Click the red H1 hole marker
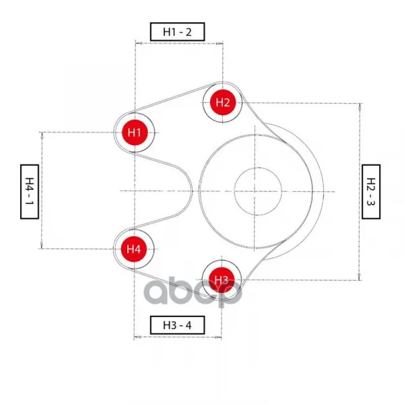(x=135, y=133)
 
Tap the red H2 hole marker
(x=223, y=102)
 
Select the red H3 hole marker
(x=222, y=280)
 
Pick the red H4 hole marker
(x=134, y=249)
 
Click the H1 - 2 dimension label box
(x=178, y=32)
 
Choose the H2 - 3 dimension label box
(x=371, y=191)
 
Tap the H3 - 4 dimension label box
(x=178, y=325)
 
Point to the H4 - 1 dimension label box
(x=30, y=191)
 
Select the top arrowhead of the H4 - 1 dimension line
(x=42, y=136)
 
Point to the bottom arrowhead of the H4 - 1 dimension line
(x=42, y=245)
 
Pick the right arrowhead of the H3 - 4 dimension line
(x=218, y=337)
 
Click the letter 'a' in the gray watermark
(x=157, y=292)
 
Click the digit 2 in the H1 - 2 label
(x=189, y=32)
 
